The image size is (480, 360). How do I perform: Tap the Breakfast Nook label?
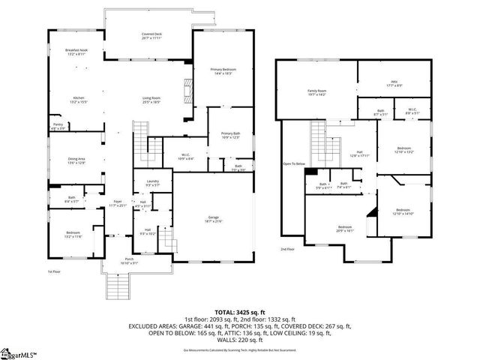coord(77,52)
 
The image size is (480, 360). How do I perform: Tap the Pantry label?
coord(58,126)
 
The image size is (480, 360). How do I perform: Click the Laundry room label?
coord(153,182)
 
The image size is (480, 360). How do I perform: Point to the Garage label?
coord(214,219)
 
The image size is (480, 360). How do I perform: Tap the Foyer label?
coord(117,203)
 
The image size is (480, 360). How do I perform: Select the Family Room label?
coord(316,93)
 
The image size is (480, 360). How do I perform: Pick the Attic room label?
coord(394,84)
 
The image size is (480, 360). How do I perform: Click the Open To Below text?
coord(293,163)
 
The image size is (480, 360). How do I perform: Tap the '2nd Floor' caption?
coord(287,248)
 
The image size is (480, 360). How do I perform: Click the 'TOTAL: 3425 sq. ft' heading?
coord(240,311)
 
